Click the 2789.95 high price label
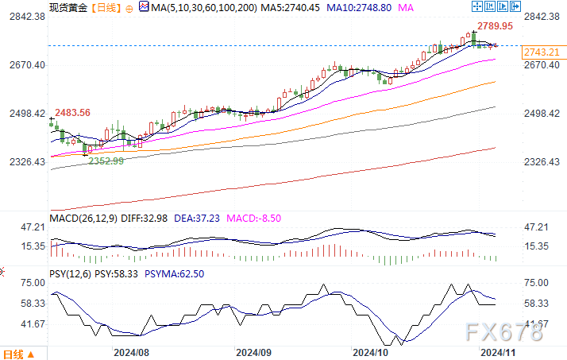click(x=495, y=26)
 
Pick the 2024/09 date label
click(x=254, y=350)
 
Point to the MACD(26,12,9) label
click(x=82, y=217)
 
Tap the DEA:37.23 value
click(x=202, y=217)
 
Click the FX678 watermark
click(x=506, y=331)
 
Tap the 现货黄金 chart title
click(x=67, y=7)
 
